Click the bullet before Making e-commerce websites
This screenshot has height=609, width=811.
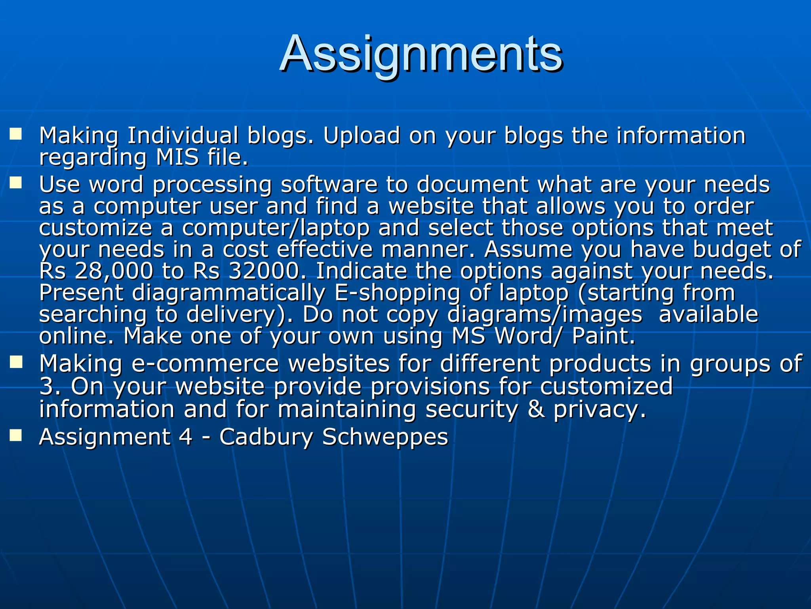(16, 362)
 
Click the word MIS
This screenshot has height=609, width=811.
(177, 157)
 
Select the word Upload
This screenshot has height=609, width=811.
(361, 136)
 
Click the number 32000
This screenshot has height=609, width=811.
(265, 271)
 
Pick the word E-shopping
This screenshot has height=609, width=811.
(397, 293)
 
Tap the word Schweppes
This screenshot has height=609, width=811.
(385, 437)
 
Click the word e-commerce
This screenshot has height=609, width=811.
(205, 364)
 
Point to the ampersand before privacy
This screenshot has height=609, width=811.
(536, 409)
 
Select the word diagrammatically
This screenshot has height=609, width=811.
(228, 293)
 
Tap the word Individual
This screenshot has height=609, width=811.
(183, 136)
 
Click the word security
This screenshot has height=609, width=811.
(472, 409)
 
